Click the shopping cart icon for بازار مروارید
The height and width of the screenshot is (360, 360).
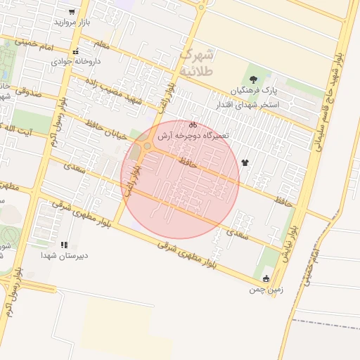click(x=72, y=12)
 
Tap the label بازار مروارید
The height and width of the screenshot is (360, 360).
click(x=74, y=22)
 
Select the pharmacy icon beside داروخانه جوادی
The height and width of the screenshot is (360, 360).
click(x=75, y=51)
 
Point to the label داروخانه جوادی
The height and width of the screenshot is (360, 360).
click(x=75, y=61)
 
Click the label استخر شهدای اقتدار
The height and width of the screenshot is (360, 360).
click(x=269, y=104)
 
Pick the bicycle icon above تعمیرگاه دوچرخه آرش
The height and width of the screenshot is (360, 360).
click(x=193, y=125)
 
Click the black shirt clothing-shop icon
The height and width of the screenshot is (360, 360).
click(x=245, y=162)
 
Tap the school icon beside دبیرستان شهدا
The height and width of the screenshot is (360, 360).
click(x=64, y=245)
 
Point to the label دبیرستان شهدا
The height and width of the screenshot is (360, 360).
click(x=64, y=256)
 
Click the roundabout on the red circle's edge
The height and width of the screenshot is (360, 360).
click(x=146, y=146)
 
